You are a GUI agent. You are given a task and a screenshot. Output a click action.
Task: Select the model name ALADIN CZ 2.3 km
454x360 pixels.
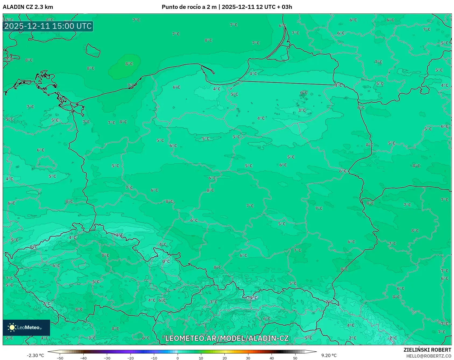coord(28,7)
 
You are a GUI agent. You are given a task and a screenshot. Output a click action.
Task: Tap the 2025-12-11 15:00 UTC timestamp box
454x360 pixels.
coord(48,26)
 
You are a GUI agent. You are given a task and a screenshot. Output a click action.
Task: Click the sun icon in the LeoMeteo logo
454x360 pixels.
coord(12,327)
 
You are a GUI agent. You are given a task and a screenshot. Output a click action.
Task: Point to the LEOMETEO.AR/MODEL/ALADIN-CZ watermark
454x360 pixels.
coord(227,338)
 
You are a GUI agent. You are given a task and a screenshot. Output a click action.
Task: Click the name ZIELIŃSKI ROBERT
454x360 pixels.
coord(427,350)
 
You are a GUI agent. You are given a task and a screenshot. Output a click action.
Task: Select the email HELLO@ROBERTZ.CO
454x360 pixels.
coord(428,356)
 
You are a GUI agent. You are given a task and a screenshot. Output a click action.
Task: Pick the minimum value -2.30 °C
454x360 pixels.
coord(35,355)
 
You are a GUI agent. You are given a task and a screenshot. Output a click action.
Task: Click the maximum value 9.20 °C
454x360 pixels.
coord(329,355)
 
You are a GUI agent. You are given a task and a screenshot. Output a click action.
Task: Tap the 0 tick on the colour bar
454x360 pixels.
coord(177,358)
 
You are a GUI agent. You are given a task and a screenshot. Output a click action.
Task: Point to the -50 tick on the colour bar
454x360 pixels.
coord(60,358)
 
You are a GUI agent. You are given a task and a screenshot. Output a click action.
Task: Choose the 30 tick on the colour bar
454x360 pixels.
coord(248,358)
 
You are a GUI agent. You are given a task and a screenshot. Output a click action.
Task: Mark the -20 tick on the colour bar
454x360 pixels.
coord(130,358)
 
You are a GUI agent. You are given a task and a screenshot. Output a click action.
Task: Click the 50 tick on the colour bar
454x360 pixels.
coord(295,358)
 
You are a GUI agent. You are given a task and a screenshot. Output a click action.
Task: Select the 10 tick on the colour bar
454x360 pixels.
coord(201,358)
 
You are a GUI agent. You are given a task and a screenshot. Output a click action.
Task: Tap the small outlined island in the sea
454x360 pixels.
coord(93,51)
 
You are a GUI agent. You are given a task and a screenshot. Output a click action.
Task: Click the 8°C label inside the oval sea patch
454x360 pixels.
coord(129,64)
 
